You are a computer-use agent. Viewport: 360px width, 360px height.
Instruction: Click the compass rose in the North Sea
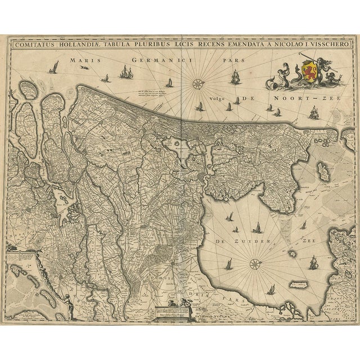(198, 84)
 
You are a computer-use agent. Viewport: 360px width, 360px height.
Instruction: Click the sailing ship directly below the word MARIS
(55, 69)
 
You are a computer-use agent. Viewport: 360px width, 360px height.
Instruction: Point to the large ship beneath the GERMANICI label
(125, 71)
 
